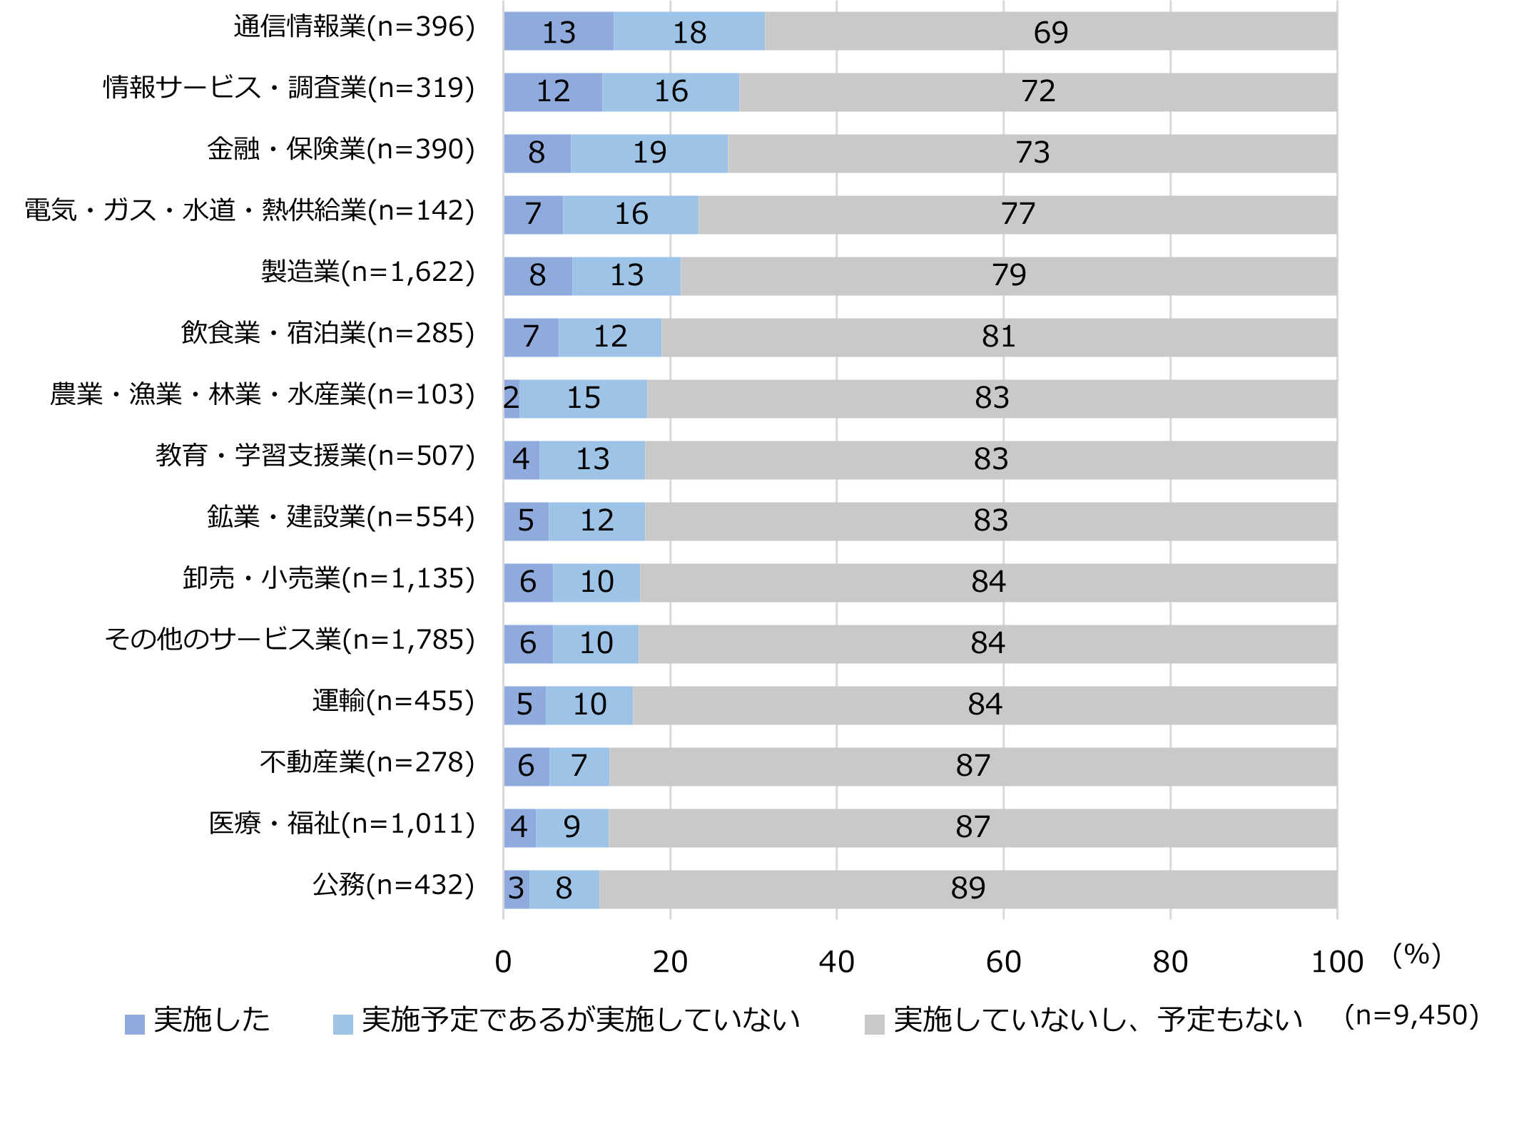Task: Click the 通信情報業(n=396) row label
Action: pos(354,27)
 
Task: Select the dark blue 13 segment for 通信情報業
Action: pos(559,32)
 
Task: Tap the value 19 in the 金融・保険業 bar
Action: pos(649,153)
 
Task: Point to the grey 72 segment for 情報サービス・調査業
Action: pos(1038,92)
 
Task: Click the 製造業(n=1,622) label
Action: pos(367,272)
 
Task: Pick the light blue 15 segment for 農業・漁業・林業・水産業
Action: pos(583,398)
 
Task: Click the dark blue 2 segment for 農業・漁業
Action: pos(511,398)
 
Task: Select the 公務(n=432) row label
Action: pos(393,885)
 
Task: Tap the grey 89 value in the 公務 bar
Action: pos(968,888)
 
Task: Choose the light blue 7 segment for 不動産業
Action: pos(579,766)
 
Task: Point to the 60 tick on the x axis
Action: pos(1003,962)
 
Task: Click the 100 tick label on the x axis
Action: pos(1337,962)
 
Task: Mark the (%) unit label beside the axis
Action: pos(1416,955)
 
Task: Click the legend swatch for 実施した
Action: pos(135,1024)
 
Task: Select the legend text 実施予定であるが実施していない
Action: pos(581,1020)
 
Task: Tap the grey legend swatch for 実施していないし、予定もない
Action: pos(874,1024)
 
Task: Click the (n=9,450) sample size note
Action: pos(1411,1015)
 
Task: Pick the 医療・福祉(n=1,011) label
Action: pos(342,824)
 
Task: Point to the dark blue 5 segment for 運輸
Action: pos(524,704)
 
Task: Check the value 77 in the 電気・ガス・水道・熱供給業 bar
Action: pos(1017,214)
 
